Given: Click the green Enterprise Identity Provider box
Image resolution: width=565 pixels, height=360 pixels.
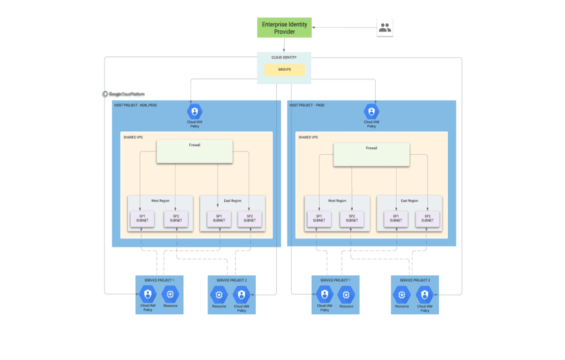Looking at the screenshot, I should click(x=284, y=28).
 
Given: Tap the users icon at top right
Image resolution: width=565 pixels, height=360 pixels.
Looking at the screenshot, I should click(x=385, y=28).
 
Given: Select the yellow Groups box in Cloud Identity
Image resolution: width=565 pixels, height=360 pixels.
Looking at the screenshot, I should click(x=284, y=69).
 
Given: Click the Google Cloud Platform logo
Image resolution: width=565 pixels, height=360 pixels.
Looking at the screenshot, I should click(x=123, y=94).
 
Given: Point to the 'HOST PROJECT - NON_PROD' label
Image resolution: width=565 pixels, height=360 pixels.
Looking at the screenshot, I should click(x=135, y=106).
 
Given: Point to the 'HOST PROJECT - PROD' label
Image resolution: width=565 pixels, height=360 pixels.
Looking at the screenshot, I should click(x=307, y=106).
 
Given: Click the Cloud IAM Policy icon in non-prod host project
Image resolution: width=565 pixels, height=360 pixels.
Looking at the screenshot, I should click(x=195, y=112).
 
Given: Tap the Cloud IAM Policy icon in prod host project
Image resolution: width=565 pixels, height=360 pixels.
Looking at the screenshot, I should click(x=371, y=112).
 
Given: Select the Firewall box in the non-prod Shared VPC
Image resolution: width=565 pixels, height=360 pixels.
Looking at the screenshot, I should click(x=195, y=151).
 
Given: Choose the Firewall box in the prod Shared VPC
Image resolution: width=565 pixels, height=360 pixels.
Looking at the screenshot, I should click(x=371, y=154).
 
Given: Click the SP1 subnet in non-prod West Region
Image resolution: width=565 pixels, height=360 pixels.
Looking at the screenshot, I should click(x=142, y=219).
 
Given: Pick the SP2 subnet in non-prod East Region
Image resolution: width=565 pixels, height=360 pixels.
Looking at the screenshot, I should click(x=249, y=219).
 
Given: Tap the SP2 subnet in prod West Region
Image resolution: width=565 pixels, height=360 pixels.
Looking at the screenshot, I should click(x=352, y=219).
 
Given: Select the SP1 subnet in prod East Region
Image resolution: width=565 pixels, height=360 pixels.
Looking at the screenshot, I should click(x=396, y=219).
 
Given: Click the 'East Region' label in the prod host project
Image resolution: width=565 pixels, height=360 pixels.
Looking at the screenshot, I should click(x=409, y=201).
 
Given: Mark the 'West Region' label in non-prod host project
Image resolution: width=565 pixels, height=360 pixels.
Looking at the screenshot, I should click(x=160, y=201).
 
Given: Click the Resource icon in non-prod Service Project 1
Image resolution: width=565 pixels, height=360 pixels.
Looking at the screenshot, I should click(x=170, y=294).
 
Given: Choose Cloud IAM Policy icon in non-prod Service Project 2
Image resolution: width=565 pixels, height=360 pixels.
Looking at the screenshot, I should click(x=241, y=295).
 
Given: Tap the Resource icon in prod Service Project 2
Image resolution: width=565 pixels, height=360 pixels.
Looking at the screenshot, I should click(x=402, y=295).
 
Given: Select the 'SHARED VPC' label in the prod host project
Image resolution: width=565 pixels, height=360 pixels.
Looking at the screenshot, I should click(x=308, y=137).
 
